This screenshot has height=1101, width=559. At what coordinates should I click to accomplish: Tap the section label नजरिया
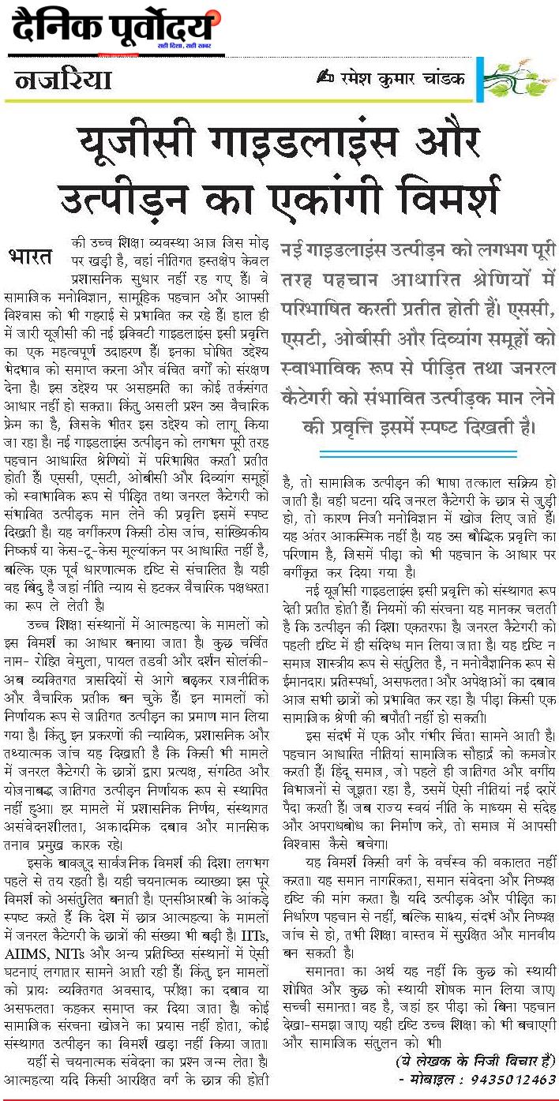coord(62,81)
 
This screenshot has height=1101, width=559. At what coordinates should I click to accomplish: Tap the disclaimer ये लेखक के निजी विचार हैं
coord(476,1059)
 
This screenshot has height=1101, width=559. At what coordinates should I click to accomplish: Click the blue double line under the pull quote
coord(418,454)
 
